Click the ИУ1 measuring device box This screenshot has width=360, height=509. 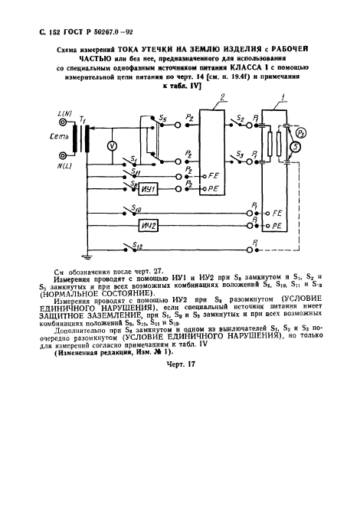point(149,187)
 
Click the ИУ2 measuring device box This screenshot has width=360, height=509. point(149,227)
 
